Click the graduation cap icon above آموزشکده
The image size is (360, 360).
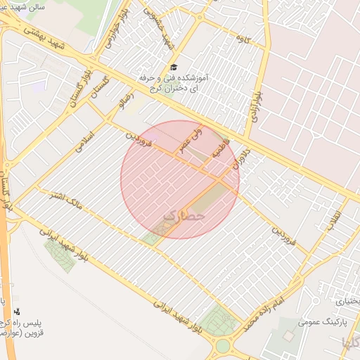tap(174, 65)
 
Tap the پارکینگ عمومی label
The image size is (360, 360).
tap(319, 322)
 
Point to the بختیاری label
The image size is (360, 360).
tap(347, 300)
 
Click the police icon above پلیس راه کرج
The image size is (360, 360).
tap(17, 311)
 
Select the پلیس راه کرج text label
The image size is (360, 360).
tap(26, 322)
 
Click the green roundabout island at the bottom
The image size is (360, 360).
tap(224, 346)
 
